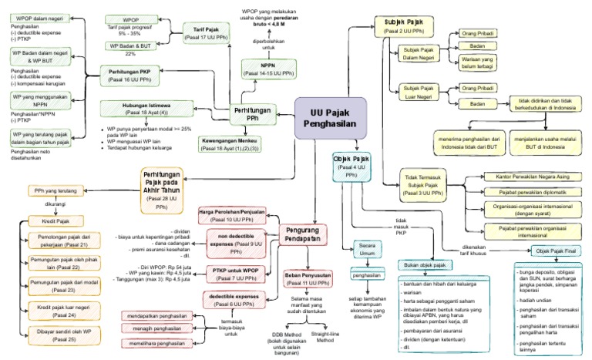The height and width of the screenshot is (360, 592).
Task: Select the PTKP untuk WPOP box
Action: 232,273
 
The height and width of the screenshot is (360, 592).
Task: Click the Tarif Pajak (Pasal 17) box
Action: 205,33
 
